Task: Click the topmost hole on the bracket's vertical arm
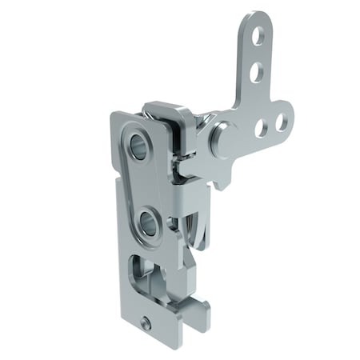pyautogui.click(x=258, y=36)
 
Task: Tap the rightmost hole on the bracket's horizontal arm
pyautogui.click(x=279, y=122)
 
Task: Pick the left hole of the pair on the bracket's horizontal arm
pyautogui.click(x=261, y=126)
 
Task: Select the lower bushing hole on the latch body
pyautogui.click(x=148, y=222)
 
